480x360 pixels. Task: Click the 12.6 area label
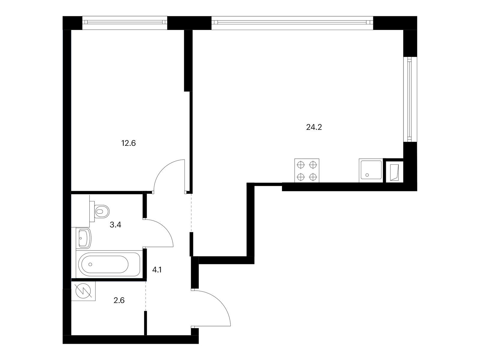129,143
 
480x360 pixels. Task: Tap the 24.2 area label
314,127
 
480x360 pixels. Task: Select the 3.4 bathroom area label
115,225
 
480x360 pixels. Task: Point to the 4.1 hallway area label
157,270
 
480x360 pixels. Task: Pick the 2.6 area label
119,301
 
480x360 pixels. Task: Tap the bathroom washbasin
84,238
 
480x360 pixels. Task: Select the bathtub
109,264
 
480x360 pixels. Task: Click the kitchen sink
371,170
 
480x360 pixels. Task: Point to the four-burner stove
307,170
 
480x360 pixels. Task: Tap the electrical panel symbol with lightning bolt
83,291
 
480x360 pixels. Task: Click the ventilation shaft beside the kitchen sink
395,170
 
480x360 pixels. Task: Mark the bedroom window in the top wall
124,23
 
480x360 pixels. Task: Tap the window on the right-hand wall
410,100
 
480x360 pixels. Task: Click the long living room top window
292,23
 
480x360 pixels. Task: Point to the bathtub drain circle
91,264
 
